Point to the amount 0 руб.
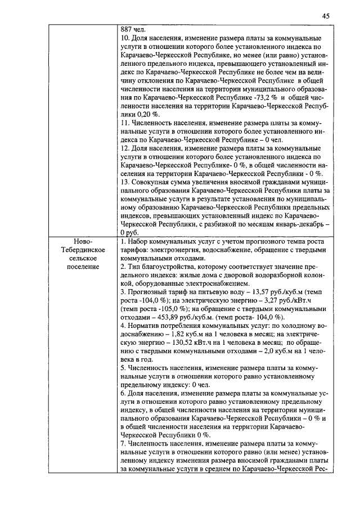[x=129, y=232]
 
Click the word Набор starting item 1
[x=137, y=241]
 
